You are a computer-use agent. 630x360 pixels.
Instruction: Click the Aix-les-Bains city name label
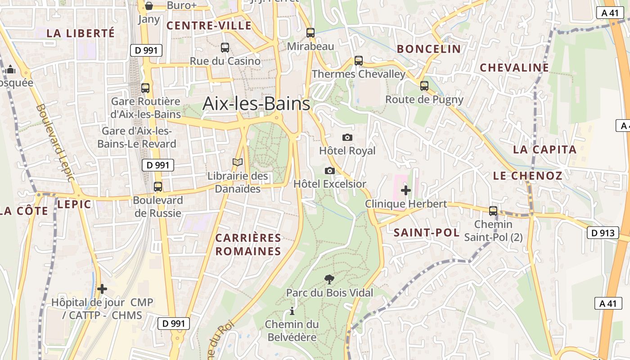[x=256, y=103]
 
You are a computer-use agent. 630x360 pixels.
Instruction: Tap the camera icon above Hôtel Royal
[x=347, y=137]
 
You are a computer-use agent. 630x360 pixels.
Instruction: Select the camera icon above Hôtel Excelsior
[x=330, y=171]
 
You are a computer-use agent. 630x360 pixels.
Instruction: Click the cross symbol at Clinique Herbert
[x=406, y=190]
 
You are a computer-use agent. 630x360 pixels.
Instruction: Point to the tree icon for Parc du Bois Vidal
[x=329, y=279]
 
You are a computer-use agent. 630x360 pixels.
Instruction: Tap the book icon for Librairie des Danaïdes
[x=238, y=162]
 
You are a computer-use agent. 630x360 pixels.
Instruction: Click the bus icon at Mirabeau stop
[x=310, y=32]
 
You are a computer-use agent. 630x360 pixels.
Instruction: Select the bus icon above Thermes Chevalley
[x=359, y=60]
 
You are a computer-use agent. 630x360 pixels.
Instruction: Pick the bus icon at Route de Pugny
[x=424, y=85]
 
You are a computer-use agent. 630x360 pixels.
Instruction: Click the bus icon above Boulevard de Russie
[x=158, y=186]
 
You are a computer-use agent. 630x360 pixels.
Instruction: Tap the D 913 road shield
[x=603, y=233]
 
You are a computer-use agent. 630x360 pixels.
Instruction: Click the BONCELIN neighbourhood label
[x=429, y=49]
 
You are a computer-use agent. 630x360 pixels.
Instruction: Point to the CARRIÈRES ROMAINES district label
[x=248, y=244]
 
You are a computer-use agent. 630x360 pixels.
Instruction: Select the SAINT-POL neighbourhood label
[x=427, y=233]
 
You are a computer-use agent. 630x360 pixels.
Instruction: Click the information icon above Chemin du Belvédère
[x=292, y=311]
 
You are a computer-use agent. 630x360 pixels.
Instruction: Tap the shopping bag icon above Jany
[x=149, y=6]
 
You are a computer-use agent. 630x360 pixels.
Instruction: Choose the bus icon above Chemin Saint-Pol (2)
[x=493, y=211]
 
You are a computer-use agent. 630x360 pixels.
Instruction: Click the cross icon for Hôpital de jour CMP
[x=102, y=288]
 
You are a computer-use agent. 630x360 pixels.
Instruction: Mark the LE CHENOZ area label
[x=528, y=175]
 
